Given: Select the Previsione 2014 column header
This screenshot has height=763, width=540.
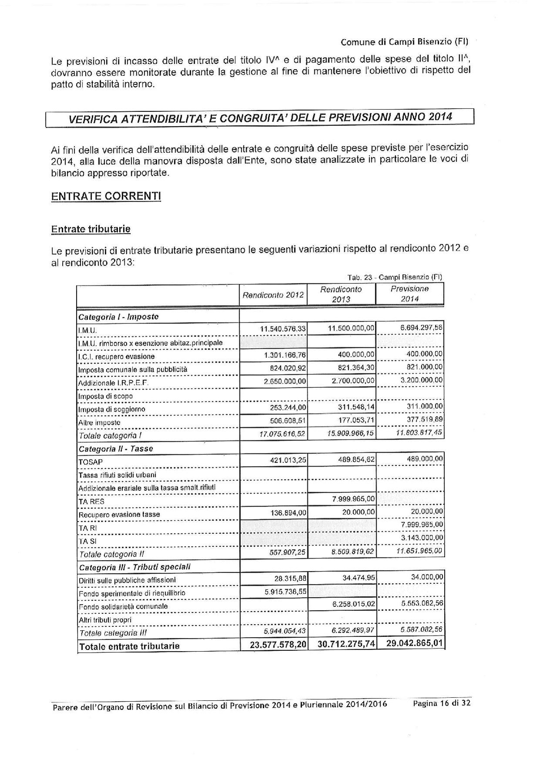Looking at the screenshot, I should click(409, 294).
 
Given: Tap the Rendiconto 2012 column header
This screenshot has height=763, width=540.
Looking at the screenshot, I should click(273, 295).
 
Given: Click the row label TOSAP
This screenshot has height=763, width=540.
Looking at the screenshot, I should click(91, 462).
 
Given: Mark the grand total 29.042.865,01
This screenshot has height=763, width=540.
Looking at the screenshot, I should click(415, 643).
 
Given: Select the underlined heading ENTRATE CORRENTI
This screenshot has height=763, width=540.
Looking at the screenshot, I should click(106, 196).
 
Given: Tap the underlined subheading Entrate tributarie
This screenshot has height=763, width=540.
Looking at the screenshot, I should click(91, 229).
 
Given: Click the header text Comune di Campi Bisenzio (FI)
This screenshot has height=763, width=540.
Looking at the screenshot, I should click(404, 42).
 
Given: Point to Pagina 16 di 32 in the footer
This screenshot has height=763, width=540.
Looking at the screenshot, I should click(442, 703).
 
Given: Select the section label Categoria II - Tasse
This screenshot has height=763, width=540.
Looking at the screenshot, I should click(116, 449).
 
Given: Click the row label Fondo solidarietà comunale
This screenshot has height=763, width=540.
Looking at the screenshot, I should click(123, 606).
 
